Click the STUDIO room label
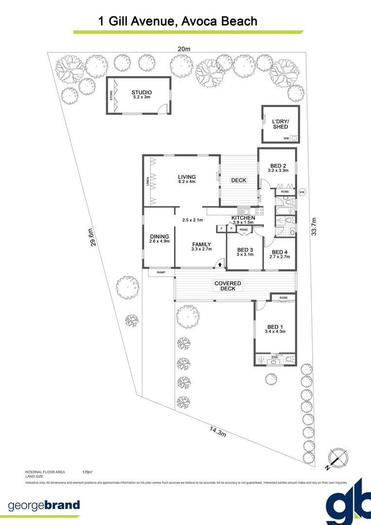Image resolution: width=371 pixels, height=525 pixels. point(141,92)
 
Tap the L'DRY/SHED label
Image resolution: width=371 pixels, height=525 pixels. point(280,124)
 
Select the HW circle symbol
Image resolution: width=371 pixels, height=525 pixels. point(302,192)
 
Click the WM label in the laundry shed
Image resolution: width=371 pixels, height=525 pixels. point(285,139)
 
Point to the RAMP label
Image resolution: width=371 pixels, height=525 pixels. point(161,273)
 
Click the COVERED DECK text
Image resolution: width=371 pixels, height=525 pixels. point(228,286)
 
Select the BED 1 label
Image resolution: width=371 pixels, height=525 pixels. point(275,327)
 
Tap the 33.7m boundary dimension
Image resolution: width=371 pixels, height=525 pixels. point(314,226)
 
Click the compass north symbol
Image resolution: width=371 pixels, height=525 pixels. point(338,457)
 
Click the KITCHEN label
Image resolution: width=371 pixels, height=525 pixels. point(243,218)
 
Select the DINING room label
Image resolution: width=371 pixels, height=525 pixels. point(159,236)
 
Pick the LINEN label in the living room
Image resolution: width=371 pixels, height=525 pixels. point(148,182)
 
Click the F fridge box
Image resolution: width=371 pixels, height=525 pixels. point(221,228)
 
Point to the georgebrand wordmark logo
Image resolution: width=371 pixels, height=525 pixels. point(44,505)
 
